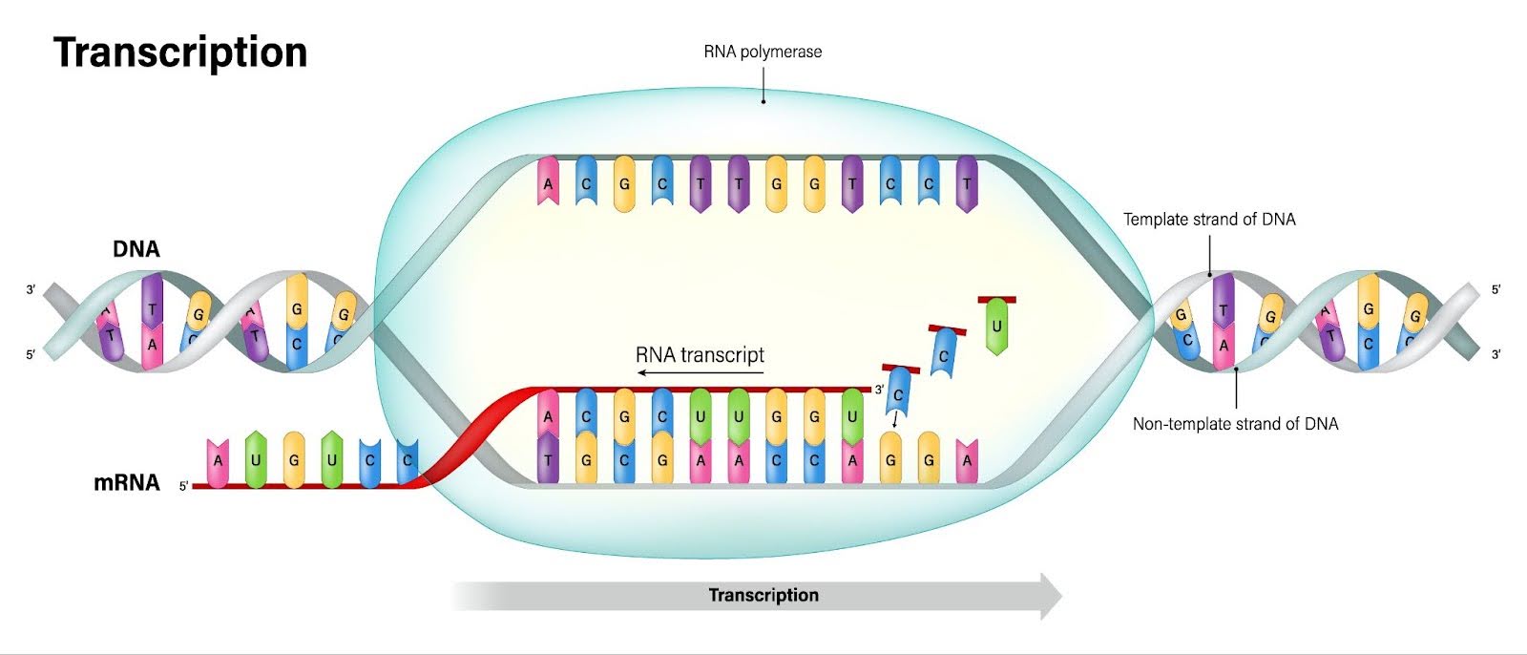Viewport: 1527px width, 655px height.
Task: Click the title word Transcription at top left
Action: tap(180, 52)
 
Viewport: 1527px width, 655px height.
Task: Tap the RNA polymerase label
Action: tap(763, 52)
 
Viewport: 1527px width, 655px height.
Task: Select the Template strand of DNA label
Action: tap(1209, 220)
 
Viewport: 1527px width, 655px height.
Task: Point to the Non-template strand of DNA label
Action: tap(1235, 424)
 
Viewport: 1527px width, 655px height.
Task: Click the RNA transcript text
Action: tap(700, 355)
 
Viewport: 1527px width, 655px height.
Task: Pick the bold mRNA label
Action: tap(126, 482)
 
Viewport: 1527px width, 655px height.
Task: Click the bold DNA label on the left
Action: tap(136, 249)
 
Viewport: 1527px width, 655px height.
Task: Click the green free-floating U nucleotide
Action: tap(996, 327)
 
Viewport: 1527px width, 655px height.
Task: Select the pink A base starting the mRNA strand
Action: tap(218, 461)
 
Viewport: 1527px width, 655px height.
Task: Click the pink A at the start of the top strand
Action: tap(548, 183)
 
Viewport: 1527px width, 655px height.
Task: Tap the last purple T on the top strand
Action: tap(967, 183)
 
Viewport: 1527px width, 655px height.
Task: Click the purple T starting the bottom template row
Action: tap(548, 459)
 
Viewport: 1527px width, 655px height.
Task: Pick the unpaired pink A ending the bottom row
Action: tap(967, 459)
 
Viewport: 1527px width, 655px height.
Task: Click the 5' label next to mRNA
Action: tap(183, 486)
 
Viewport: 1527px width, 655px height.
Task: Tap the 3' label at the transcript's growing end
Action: tap(879, 390)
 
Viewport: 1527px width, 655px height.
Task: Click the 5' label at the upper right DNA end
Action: tap(1496, 289)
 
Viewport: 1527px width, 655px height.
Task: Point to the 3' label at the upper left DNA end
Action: tap(31, 289)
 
